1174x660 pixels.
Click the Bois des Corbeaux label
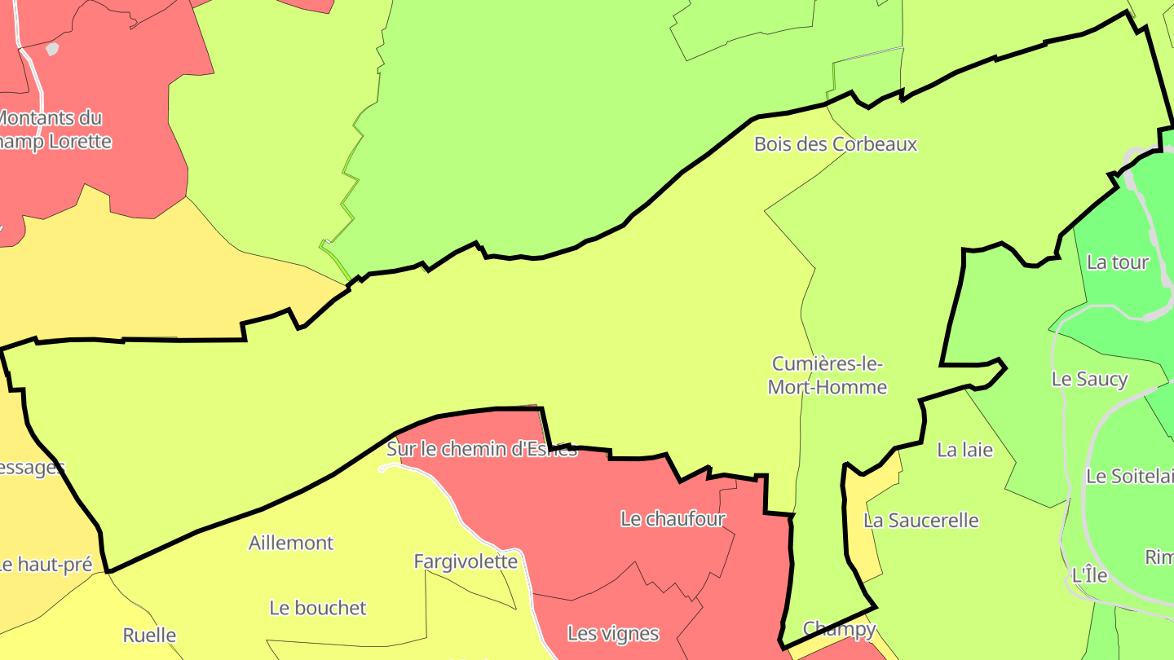coord(836,144)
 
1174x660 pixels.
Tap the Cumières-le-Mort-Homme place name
coord(828,375)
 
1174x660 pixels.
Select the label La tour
coord(1118,262)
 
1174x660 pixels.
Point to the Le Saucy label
coord(1089,379)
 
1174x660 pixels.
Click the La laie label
coord(964,450)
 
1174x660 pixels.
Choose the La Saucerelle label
coord(920,521)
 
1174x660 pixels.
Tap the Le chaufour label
coord(673,519)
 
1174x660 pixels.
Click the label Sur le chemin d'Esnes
coord(481,449)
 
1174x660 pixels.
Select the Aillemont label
coord(291,543)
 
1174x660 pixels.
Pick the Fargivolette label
coord(466,561)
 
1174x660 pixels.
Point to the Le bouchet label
coord(318,608)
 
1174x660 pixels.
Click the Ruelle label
coord(149,635)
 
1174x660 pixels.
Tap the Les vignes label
coord(613,633)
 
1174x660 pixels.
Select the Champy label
coord(839,628)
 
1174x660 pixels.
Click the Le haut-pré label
coord(46,564)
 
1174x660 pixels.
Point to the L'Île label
coord(1089,574)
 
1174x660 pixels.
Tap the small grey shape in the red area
coord(52,49)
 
